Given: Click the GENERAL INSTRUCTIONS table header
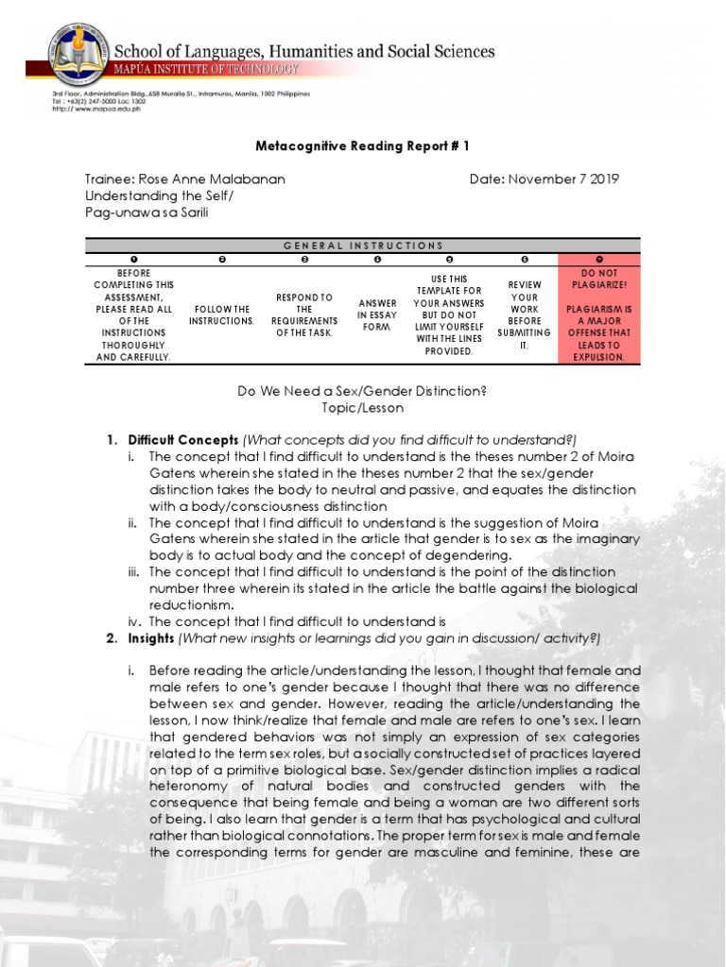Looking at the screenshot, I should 363,246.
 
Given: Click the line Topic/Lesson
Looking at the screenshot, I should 363,408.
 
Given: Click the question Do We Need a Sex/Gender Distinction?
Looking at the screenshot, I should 363,391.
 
